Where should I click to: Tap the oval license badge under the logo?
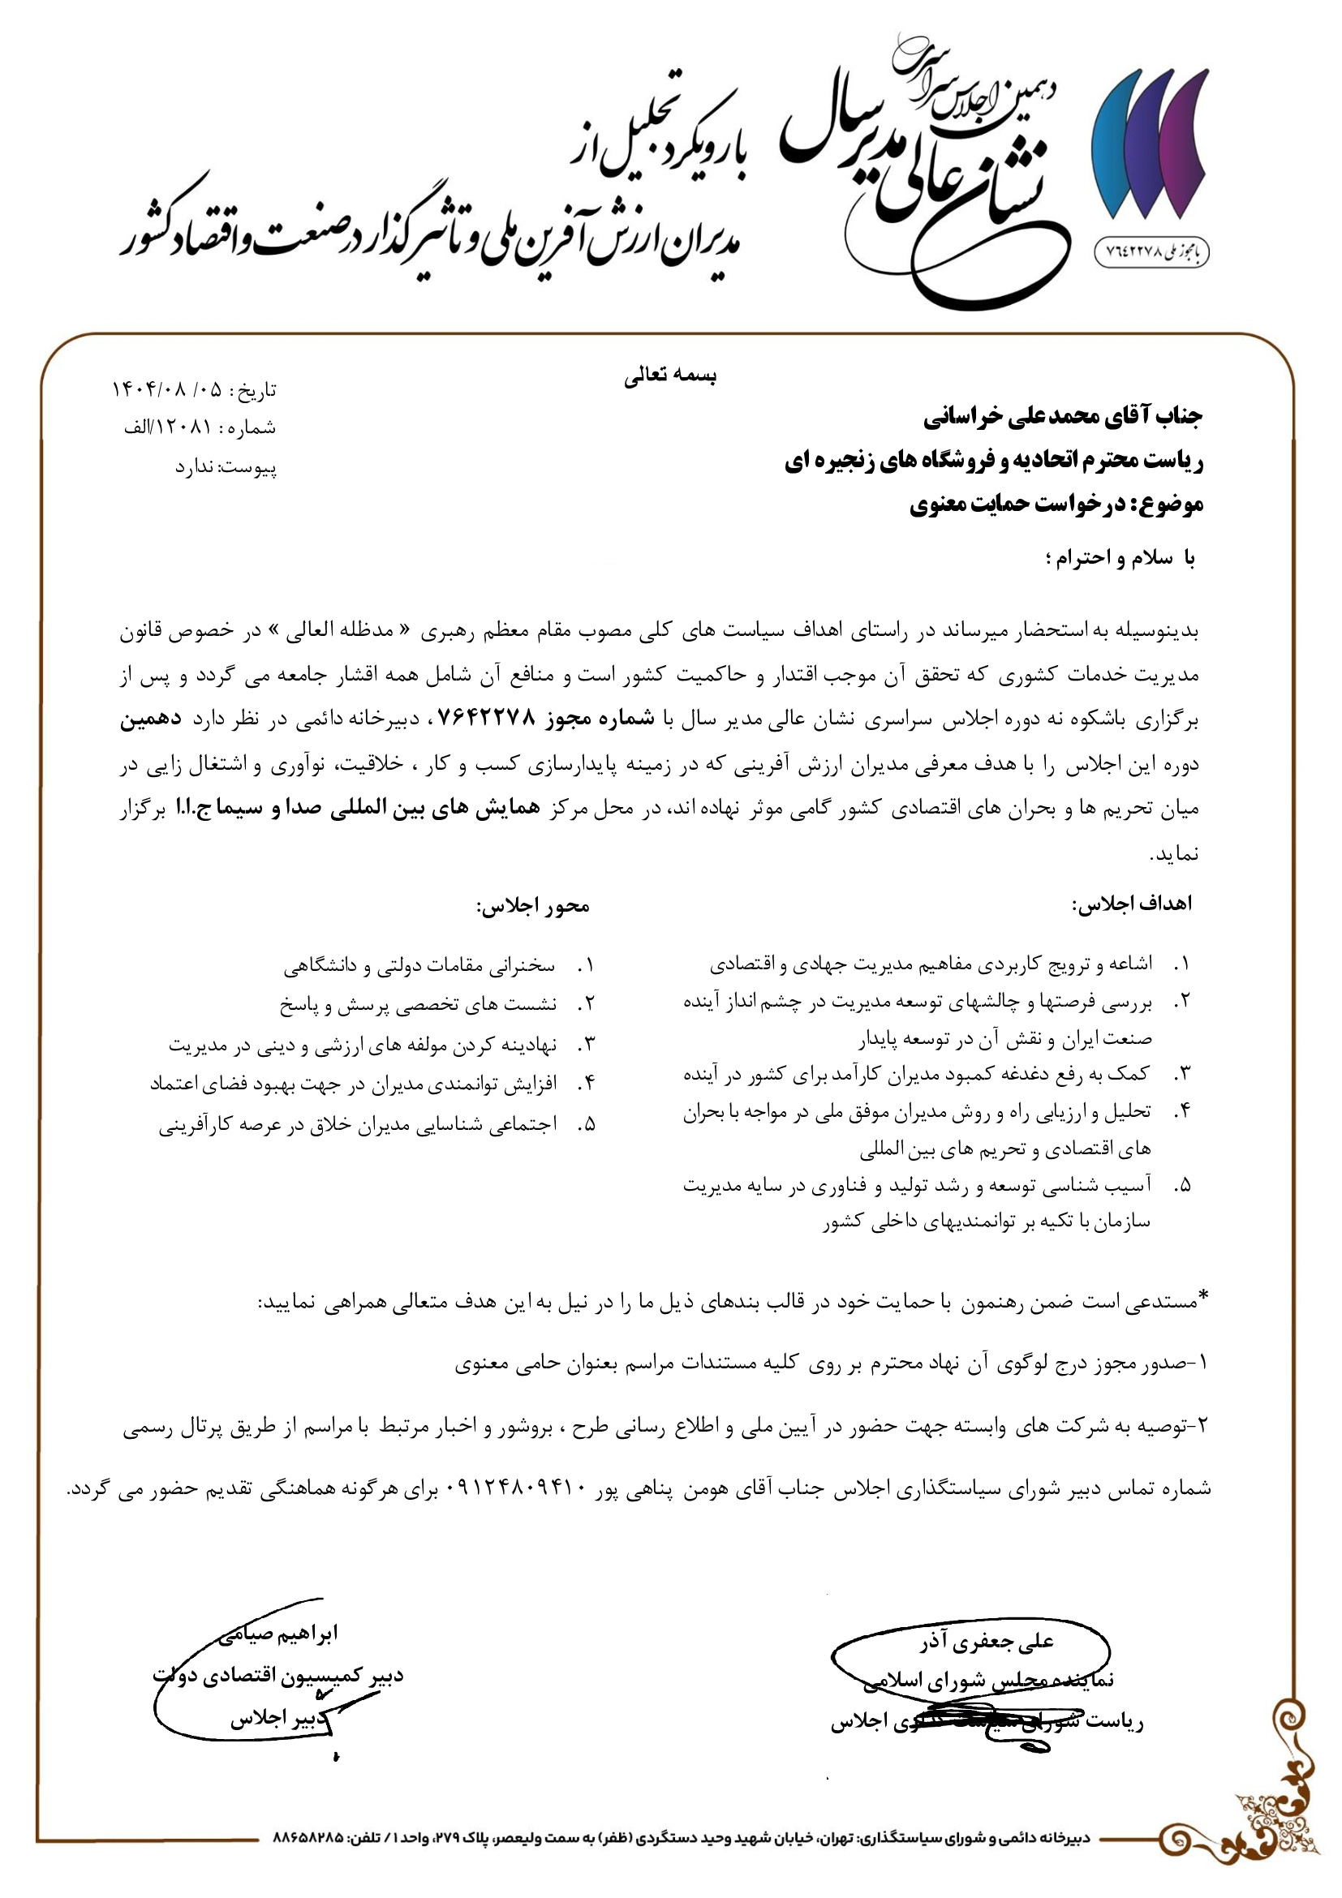click(x=1152, y=251)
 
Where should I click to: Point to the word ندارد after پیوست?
click(x=193, y=467)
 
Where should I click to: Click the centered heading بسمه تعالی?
click(x=669, y=376)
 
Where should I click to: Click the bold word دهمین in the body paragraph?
click(x=150, y=719)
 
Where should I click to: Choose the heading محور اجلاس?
click(x=532, y=906)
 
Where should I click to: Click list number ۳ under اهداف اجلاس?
click(x=1182, y=1074)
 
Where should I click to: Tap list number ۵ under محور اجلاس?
click(x=587, y=1124)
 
